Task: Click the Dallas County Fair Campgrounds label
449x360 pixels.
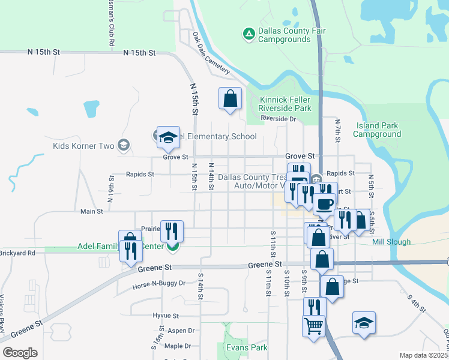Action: tap(285, 35)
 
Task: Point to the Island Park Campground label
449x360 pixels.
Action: tap(376, 130)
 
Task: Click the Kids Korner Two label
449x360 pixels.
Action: tap(83, 146)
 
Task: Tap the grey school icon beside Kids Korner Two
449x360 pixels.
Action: tap(124, 145)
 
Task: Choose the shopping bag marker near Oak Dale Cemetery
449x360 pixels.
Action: tap(230, 99)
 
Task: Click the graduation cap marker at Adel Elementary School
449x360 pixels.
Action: tap(169, 137)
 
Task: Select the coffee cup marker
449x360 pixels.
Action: tap(324, 203)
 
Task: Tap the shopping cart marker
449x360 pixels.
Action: tap(314, 327)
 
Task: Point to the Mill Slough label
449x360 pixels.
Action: tap(391, 242)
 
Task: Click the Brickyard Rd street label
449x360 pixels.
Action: tap(18, 253)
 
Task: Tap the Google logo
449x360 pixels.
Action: tap(20, 352)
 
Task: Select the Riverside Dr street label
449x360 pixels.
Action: tap(279, 119)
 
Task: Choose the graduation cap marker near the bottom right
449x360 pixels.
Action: tap(364, 323)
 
